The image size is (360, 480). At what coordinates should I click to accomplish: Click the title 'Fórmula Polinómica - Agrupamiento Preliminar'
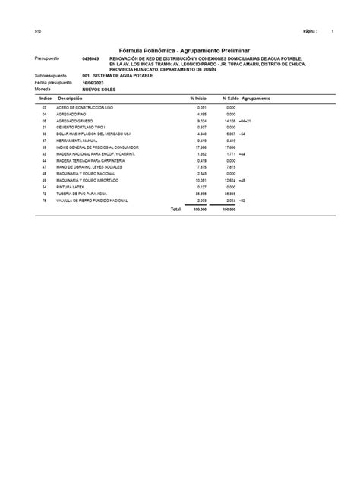[179, 49]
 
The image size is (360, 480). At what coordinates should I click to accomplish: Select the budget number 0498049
[90, 58]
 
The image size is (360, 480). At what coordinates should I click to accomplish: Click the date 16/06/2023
[93, 82]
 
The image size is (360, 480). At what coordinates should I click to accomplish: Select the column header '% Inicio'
[198, 99]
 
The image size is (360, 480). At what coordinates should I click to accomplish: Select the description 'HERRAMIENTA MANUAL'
[71, 141]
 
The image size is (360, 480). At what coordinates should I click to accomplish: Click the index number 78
[45, 201]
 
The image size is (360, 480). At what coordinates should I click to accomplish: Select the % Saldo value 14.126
[229, 121]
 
